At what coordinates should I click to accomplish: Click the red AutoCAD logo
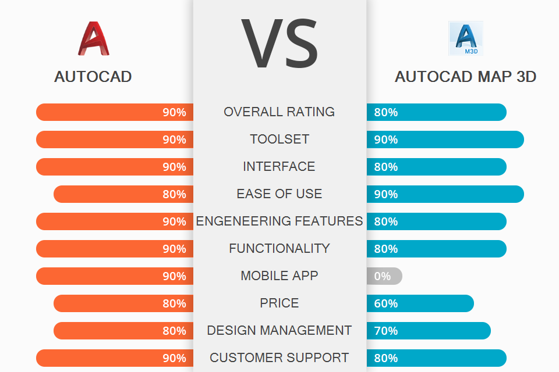click(x=93, y=38)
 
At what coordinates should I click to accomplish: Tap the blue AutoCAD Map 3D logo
click(x=465, y=38)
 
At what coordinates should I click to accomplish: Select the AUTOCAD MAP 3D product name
click(x=465, y=77)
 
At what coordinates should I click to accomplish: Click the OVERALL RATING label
click(x=279, y=112)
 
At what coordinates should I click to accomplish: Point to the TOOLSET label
click(x=279, y=139)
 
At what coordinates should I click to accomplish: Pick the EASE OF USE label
click(x=279, y=194)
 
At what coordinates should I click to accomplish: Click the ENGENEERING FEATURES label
click(x=279, y=221)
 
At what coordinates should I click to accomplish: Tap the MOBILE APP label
click(x=279, y=276)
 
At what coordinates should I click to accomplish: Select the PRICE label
click(x=279, y=303)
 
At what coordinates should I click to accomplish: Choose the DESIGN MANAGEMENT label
click(x=279, y=331)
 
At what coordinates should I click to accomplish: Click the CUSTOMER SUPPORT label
click(x=279, y=358)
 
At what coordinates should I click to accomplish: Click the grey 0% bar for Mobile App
click(x=384, y=276)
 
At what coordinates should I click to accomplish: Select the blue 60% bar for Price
click(x=420, y=303)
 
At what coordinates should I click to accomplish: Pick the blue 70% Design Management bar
click(x=429, y=331)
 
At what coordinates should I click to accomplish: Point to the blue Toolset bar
click(x=445, y=139)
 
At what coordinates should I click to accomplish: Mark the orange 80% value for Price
click(x=174, y=303)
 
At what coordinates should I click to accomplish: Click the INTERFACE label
click(x=279, y=167)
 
